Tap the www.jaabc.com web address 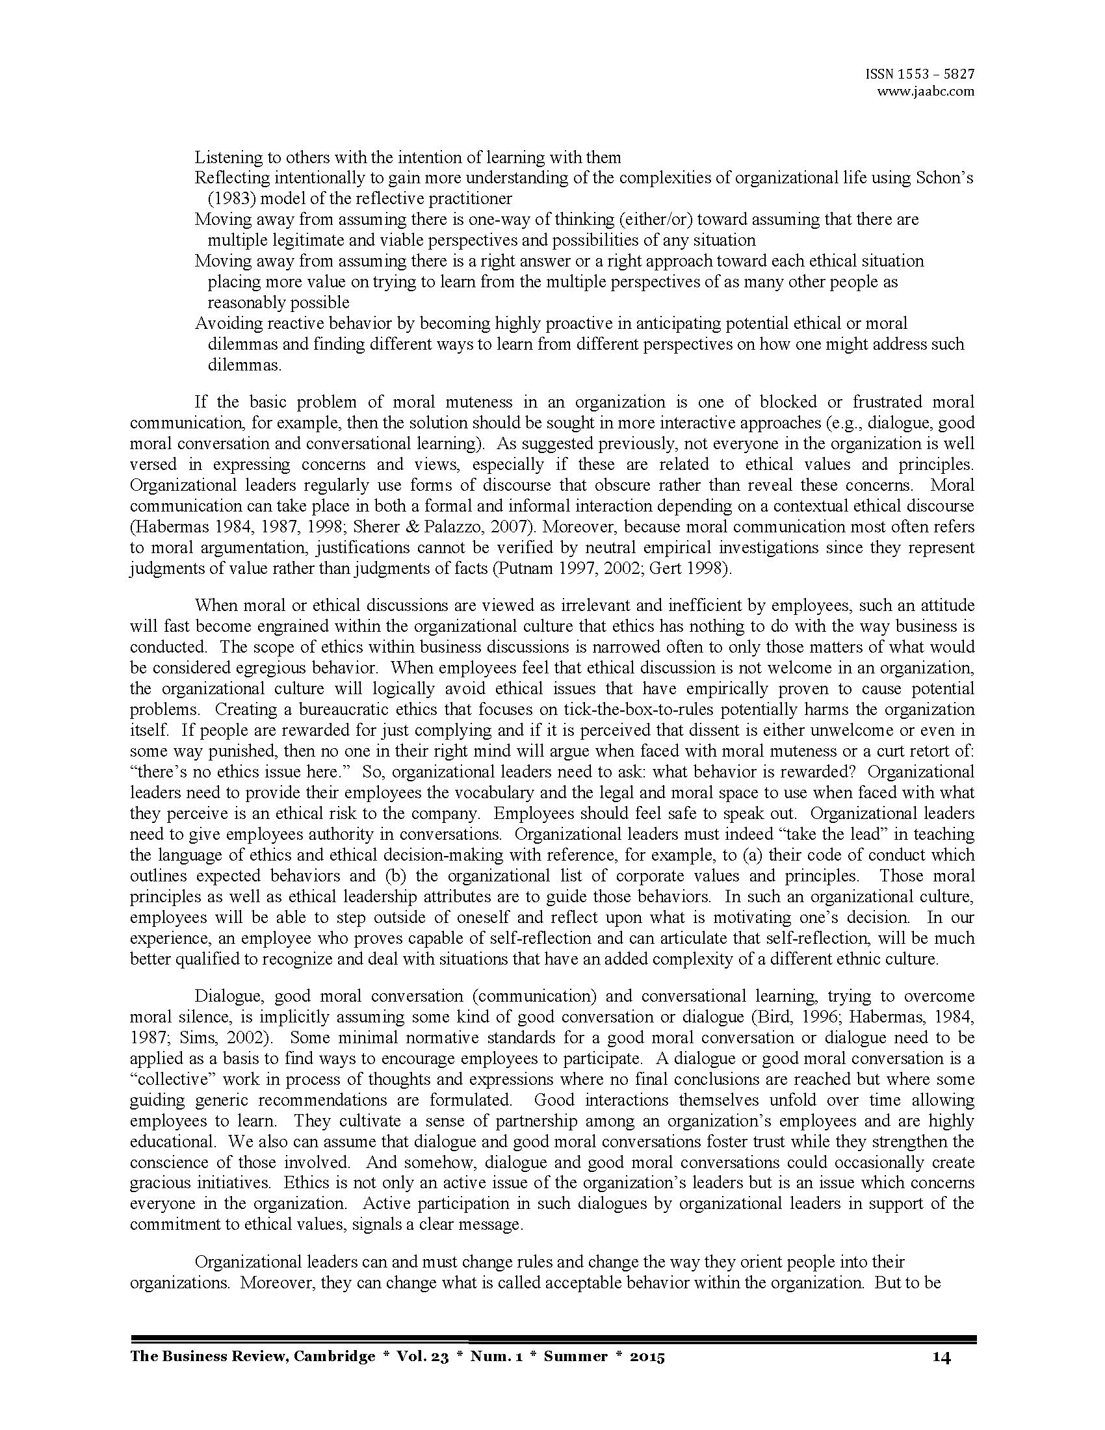pyautogui.click(x=926, y=92)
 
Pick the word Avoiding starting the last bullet pyautogui.click(x=225, y=324)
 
